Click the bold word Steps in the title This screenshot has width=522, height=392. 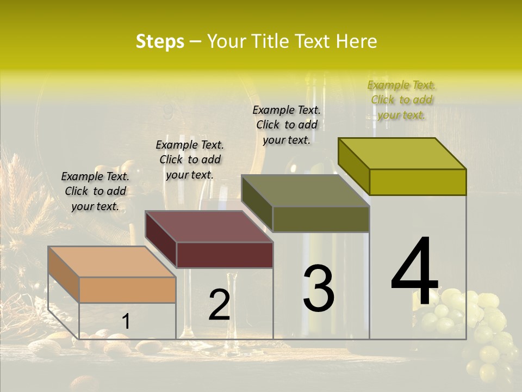pyautogui.click(x=160, y=42)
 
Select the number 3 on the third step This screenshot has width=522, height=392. pyautogui.click(x=318, y=289)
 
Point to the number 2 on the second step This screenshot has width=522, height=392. pyautogui.click(x=219, y=305)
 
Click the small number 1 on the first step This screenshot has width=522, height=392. pyautogui.click(x=126, y=322)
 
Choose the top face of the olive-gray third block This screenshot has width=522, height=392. pyautogui.click(x=306, y=191)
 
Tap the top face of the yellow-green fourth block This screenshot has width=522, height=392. pyautogui.click(x=402, y=154)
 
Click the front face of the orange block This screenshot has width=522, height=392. pyautogui.click(x=127, y=290)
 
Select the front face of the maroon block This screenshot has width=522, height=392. pyautogui.click(x=225, y=255)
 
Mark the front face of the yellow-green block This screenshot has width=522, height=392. pyautogui.click(x=418, y=182)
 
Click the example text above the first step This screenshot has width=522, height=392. pyautogui.click(x=95, y=191)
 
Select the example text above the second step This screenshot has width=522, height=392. pyautogui.click(x=190, y=160)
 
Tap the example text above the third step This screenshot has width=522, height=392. pyautogui.click(x=287, y=125)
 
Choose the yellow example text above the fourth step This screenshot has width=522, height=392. pyautogui.click(x=401, y=100)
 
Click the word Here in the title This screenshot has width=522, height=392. pyautogui.click(x=357, y=42)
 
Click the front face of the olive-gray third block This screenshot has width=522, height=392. pyautogui.click(x=321, y=219)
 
